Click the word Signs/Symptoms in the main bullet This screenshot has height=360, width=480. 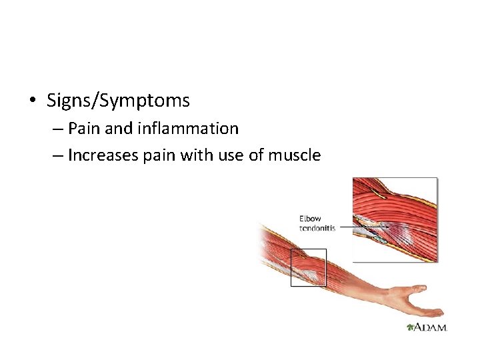pos(118,101)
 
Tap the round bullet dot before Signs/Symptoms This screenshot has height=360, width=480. pos(32,101)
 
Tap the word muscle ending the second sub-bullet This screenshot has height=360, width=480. pos(295,155)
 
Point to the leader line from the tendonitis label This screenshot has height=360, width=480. pos(345,227)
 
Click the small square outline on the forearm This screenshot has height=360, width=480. pos(308,267)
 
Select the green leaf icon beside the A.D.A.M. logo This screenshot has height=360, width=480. pos(409,327)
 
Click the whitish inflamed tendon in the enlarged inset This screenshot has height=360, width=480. pos(373,230)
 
